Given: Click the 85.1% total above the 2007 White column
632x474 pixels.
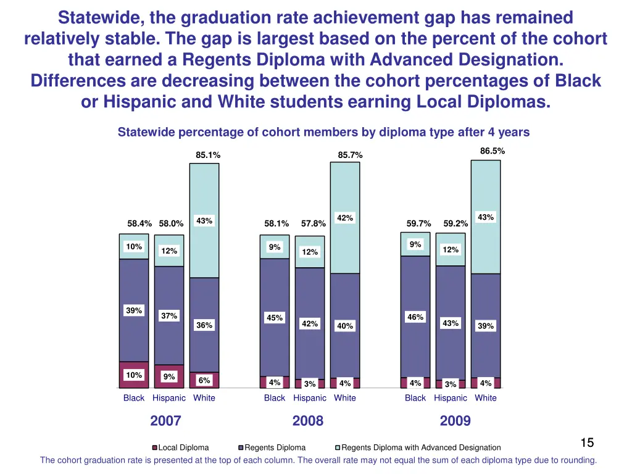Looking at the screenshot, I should click(x=208, y=155).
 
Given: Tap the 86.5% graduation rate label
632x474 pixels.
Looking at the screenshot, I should click(x=493, y=151).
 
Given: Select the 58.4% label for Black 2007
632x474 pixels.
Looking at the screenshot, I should click(x=139, y=223).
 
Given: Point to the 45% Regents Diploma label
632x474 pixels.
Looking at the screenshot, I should click(x=275, y=318).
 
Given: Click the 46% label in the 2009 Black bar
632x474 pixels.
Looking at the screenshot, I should click(x=415, y=317).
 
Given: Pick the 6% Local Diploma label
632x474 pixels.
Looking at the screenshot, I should click(x=204, y=380).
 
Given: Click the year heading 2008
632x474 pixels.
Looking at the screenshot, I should click(x=308, y=421).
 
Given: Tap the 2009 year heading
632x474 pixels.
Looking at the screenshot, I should click(x=455, y=421).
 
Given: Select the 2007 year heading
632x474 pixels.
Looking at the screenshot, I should click(x=165, y=421).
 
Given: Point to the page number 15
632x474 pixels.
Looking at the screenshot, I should click(x=587, y=443).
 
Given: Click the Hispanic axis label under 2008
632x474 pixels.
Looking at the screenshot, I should click(x=310, y=398).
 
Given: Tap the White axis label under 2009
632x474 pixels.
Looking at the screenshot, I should click(x=486, y=398).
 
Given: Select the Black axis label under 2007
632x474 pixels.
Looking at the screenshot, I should click(x=134, y=398).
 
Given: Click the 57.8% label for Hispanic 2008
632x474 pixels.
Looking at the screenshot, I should click(x=314, y=223).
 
